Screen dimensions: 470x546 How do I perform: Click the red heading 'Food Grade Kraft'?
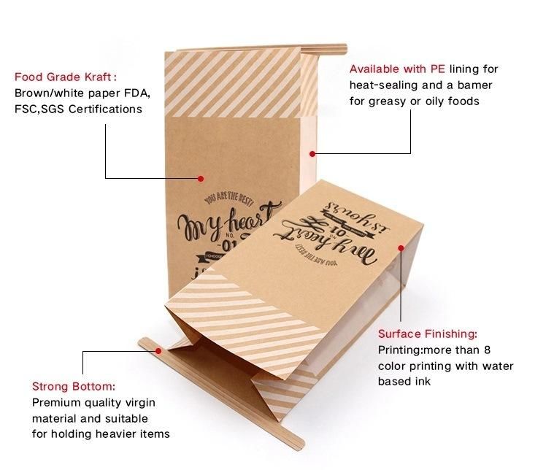tap(64, 77)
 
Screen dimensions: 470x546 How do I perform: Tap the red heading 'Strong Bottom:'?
tap(74, 386)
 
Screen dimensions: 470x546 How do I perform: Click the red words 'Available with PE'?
tap(398, 69)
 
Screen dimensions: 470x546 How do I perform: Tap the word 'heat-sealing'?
tap(383, 85)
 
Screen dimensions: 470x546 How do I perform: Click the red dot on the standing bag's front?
tap(201, 177)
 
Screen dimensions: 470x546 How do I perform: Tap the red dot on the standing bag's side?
tap(312, 153)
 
